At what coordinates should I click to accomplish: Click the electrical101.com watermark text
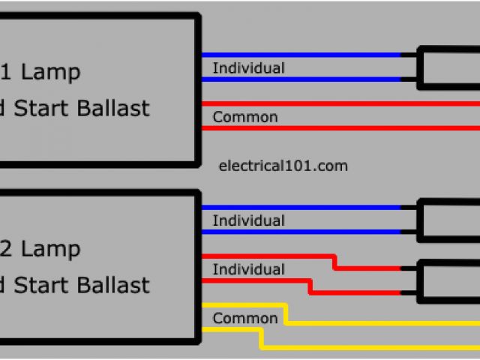click(282, 166)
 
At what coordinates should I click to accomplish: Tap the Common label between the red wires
click(244, 117)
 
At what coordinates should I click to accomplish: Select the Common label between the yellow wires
click(244, 318)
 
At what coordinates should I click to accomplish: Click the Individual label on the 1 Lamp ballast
click(248, 68)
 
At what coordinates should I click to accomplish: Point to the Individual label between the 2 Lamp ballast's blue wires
click(248, 221)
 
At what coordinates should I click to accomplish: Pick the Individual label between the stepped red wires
click(248, 269)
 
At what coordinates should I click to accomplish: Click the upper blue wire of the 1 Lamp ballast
click(300, 55)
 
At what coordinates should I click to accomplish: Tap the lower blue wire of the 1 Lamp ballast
click(300, 79)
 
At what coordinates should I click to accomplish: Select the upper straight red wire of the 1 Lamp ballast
click(337, 103)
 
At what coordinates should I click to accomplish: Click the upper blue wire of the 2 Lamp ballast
click(300, 208)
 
